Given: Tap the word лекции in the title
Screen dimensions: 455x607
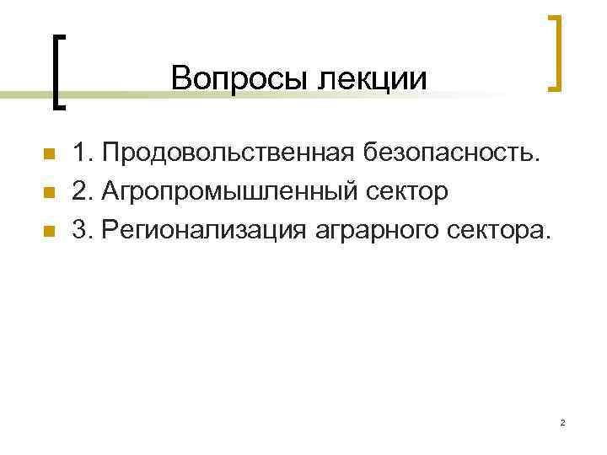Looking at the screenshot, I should point(372,78).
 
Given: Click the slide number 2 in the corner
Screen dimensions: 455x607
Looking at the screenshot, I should point(561,421).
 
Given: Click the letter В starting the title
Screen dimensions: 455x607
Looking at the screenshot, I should point(180,78).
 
